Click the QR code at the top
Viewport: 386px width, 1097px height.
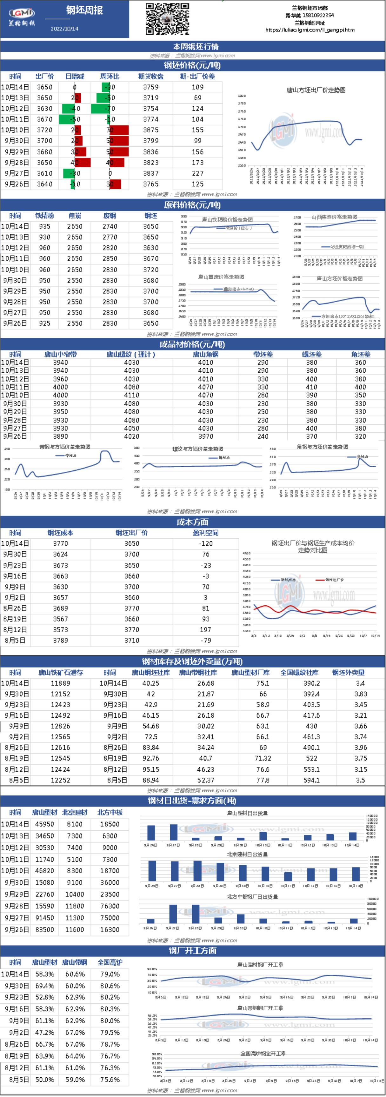(x=167, y=19)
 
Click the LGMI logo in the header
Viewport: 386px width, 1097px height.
(x=22, y=14)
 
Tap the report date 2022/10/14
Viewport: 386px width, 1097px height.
(x=64, y=29)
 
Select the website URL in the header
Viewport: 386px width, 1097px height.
(x=310, y=30)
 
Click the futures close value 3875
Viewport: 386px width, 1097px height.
(x=151, y=130)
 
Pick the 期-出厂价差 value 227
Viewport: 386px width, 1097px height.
(x=198, y=173)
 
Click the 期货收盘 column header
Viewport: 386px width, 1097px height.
(x=151, y=76)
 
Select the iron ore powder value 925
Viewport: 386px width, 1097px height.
(x=44, y=323)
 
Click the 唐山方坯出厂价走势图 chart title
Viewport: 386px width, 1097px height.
(x=316, y=90)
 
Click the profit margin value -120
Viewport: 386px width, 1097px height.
(x=206, y=543)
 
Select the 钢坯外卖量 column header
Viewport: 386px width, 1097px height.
(x=348, y=672)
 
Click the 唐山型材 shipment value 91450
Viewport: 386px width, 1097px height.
(x=44, y=918)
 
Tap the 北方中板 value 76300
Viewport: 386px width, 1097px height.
(x=110, y=906)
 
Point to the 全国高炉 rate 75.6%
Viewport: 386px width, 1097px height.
(x=110, y=1080)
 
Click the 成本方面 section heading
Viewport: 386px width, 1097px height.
(x=193, y=522)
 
